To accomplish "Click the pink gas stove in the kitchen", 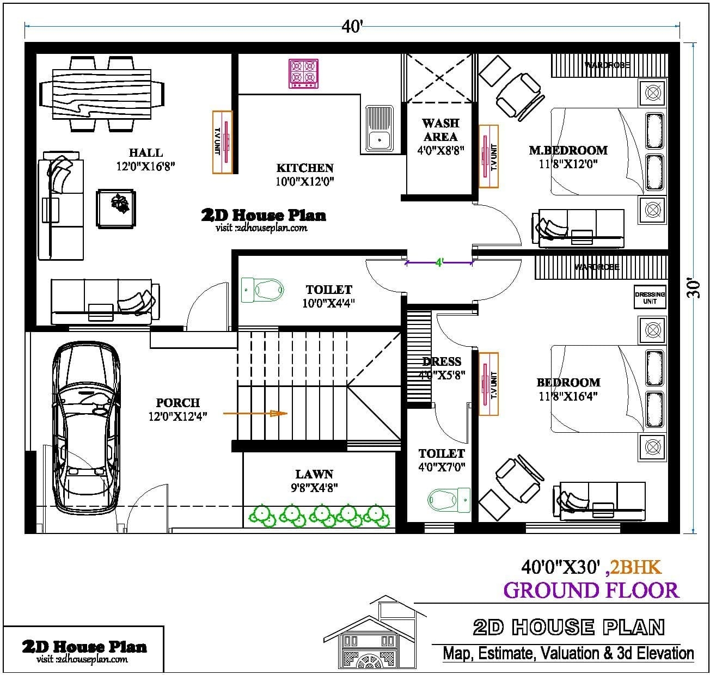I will click(x=303, y=73).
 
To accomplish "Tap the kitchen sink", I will click(x=379, y=128).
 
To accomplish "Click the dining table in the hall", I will click(x=101, y=94).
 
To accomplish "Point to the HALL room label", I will click(x=146, y=153).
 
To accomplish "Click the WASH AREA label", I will click(x=440, y=130).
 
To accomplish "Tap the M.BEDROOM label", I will click(x=568, y=150).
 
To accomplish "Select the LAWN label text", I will click(x=314, y=475).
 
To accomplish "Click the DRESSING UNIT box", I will click(x=650, y=298).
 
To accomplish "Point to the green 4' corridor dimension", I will click(x=439, y=263).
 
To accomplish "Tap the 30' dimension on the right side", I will click(x=693, y=289).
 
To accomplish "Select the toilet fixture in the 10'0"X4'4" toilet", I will click(x=263, y=289).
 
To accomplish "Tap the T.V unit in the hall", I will click(x=222, y=142).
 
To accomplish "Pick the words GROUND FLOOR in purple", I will click(x=591, y=590).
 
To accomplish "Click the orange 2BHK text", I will click(x=635, y=568).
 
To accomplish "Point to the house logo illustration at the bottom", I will click(x=375, y=635).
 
